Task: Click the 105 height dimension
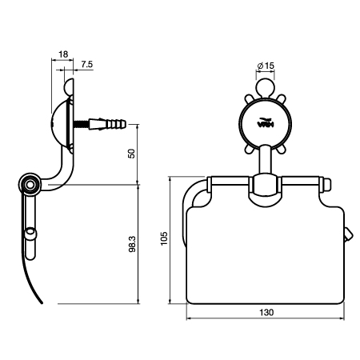click(x=165, y=239)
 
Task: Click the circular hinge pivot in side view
click(x=30, y=186)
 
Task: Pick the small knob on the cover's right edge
click(x=349, y=235)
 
